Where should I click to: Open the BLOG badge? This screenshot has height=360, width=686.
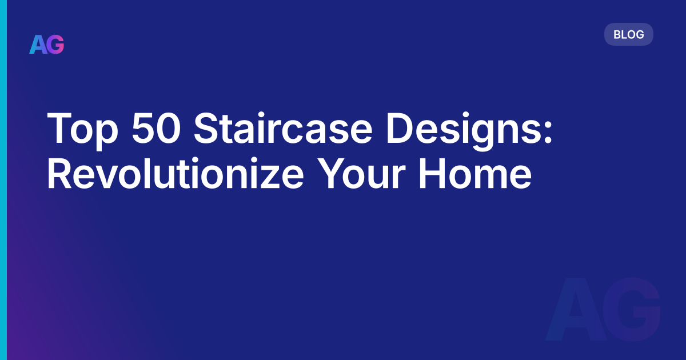pos(628,34)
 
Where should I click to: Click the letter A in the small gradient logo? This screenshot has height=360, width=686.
pos(38,45)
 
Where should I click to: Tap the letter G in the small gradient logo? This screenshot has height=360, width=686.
pos(55,45)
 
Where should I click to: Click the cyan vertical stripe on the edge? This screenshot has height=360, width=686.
pos(3,180)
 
